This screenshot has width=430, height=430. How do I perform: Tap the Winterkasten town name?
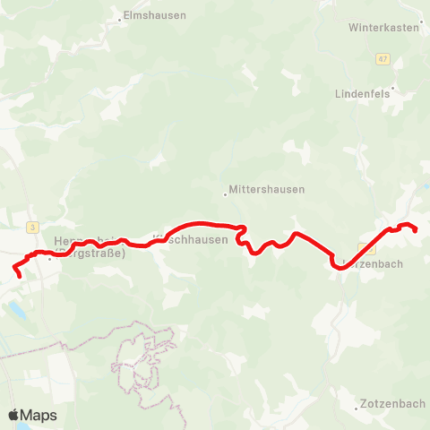pyautogui.click(x=383, y=28)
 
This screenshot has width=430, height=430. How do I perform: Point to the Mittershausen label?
pyautogui.click(x=267, y=190)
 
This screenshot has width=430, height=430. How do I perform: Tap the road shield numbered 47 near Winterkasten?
pyautogui.click(x=383, y=58)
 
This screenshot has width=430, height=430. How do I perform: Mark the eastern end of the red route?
pyautogui.click(x=417, y=230)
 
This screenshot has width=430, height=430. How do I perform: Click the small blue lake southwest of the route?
pyautogui.click(x=17, y=311)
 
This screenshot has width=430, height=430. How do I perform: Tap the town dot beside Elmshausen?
pyautogui.click(x=120, y=17)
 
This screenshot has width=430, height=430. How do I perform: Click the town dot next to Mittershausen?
pyautogui.click(x=225, y=191)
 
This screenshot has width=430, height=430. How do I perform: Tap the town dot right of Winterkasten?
pyautogui.click(x=423, y=28)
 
